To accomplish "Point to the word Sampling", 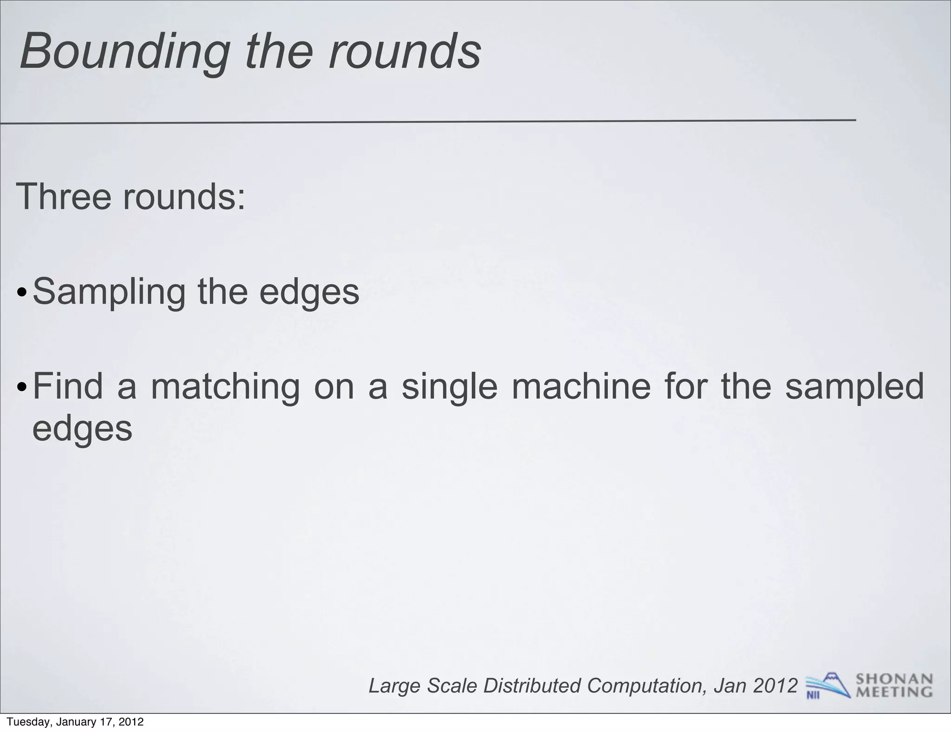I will (x=109, y=293).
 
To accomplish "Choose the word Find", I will (x=68, y=386).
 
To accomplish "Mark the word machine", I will (x=581, y=386).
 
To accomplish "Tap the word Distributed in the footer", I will (x=532, y=686).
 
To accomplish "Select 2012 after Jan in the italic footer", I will (x=775, y=685).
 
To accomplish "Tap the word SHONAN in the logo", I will (x=894, y=679).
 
